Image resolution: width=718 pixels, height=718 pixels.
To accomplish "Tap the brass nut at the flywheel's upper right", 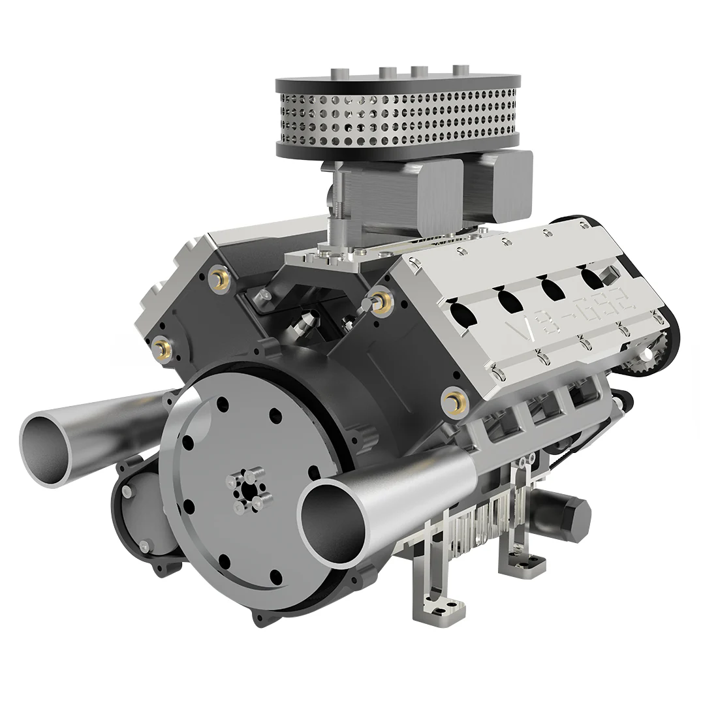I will click(x=450, y=399).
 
